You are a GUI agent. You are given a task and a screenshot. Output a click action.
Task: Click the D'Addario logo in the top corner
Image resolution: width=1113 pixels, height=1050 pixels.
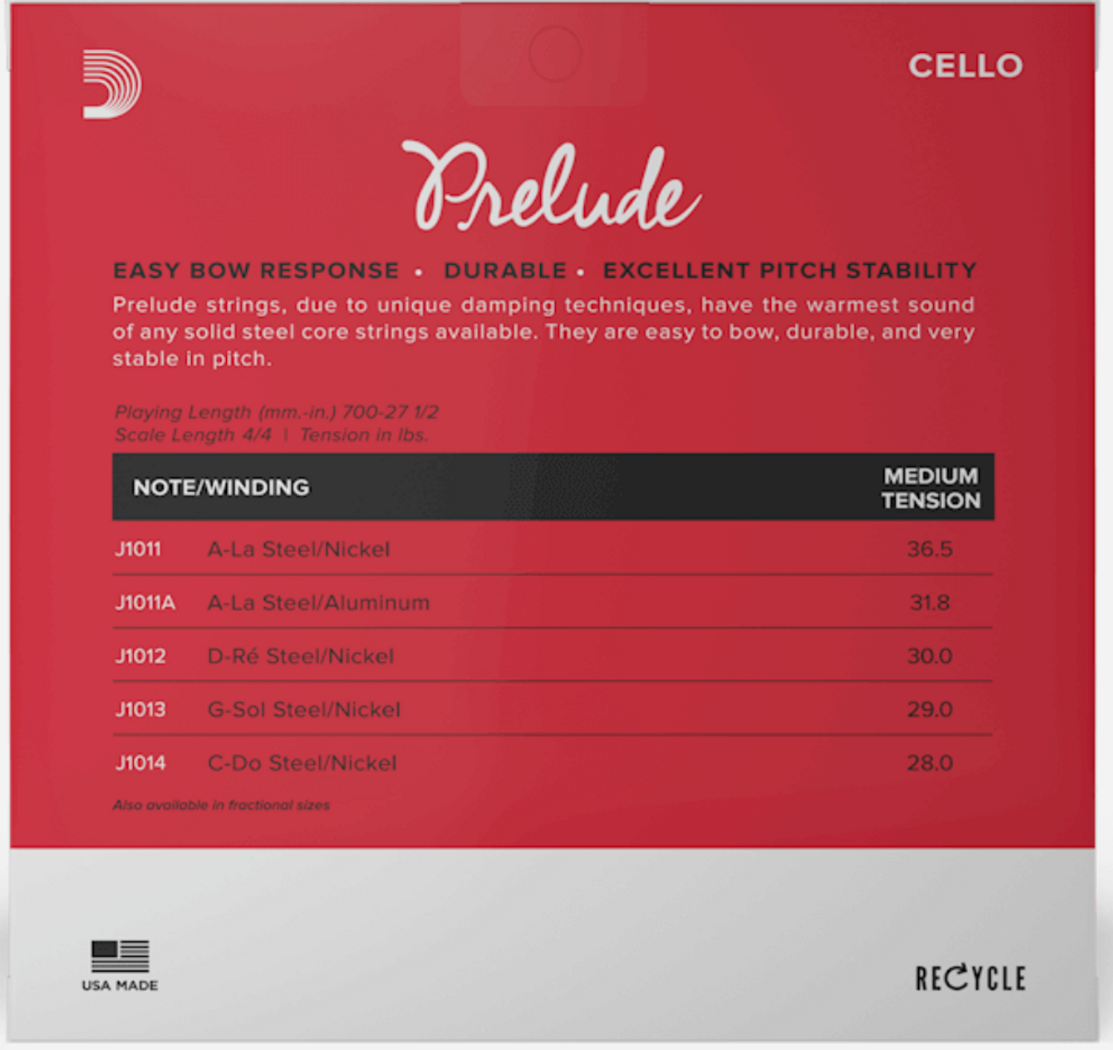click(x=112, y=83)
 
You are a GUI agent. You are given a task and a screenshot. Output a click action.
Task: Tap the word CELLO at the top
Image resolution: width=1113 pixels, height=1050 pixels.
click(x=965, y=66)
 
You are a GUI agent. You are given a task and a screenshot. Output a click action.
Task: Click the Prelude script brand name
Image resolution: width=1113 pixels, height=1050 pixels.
click(x=550, y=188)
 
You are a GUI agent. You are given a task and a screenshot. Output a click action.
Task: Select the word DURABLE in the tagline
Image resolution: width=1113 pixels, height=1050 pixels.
click(x=505, y=270)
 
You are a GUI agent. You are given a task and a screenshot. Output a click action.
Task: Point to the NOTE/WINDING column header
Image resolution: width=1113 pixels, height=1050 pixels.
click(x=221, y=487)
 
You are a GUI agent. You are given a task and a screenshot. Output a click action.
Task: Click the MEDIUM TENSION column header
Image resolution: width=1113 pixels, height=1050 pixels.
click(x=930, y=488)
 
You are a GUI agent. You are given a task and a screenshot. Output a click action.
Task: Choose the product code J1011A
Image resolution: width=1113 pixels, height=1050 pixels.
click(x=145, y=602)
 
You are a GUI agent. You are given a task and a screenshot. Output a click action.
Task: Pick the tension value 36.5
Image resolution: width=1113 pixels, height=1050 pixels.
click(x=930, y=549)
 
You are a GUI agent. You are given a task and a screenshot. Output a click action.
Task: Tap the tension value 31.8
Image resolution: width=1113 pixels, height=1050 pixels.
click(x=930, y=602)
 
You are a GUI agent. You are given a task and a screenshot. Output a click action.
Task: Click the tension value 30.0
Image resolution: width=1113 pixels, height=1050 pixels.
click(x=930, y=656)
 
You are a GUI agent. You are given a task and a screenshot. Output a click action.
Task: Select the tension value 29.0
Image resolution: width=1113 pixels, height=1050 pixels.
click(x=930, y=709)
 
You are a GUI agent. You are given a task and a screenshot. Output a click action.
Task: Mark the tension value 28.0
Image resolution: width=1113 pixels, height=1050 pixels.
click(x=930, y=763)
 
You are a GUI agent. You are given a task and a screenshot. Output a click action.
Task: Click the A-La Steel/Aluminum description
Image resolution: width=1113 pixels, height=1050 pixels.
click(x=318, y=602)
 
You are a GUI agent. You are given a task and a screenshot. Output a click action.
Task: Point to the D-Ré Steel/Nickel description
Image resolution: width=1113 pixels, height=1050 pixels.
click(x=301, y=656)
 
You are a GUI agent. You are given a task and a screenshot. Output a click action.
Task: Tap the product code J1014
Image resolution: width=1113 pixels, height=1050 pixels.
click(x=140, y=763)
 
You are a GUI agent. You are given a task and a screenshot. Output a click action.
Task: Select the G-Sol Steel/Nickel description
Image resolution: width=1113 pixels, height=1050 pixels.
click(x=304, y=709)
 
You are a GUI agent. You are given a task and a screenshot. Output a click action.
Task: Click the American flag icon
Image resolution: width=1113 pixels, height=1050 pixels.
click(x=120, y=956)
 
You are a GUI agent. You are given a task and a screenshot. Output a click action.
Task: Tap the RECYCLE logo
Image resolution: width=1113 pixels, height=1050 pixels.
click(x=970, y=978)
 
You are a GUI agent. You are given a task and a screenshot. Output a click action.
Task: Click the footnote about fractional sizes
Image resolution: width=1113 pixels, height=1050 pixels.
click(x=221, y=805)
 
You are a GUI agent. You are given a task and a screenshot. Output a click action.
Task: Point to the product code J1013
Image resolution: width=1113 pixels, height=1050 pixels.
click(x=140, y=709)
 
